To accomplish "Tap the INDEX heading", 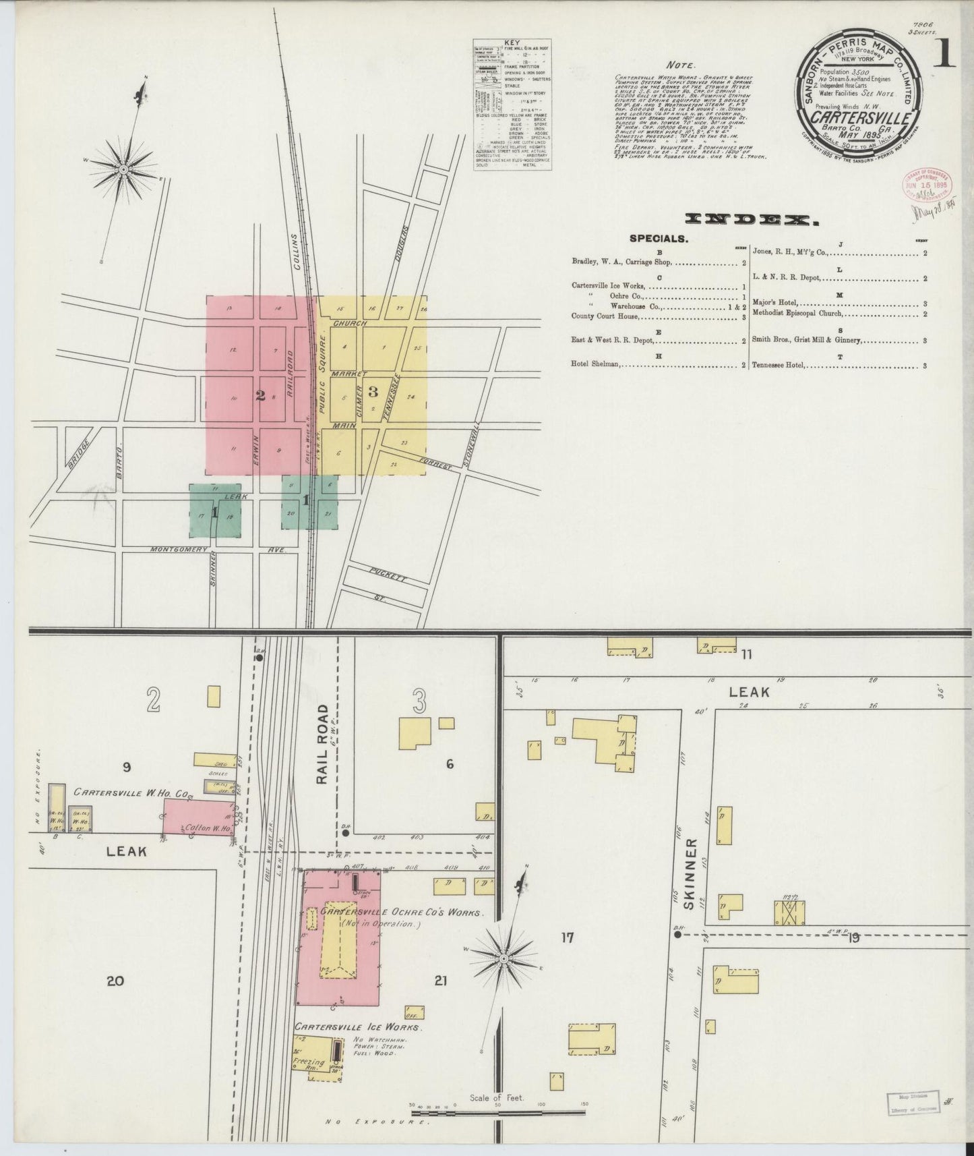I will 746,219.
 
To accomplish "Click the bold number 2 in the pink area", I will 260,396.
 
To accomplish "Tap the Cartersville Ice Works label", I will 357,1046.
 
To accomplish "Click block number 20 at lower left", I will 115,981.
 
